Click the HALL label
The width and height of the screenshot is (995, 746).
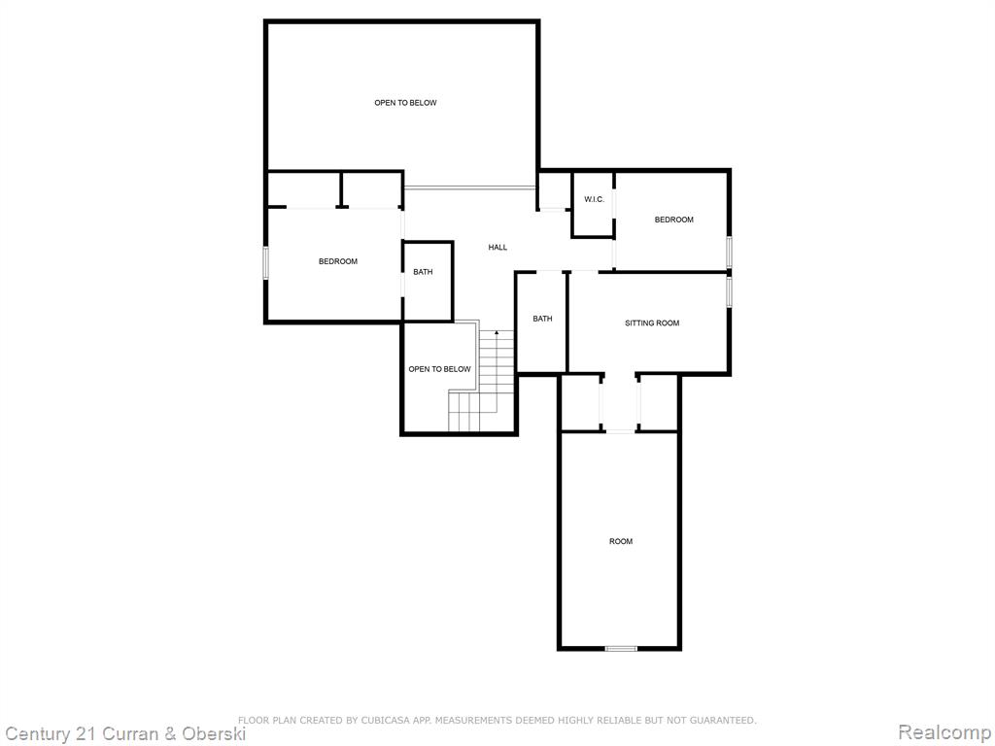point(497,248)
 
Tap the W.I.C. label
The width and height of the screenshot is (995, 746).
point(594,200)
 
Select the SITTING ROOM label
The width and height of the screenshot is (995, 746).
point(652,322)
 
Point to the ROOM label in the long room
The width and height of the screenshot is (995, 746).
point(621,541)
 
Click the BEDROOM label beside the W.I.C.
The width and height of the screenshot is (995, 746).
point(674,220)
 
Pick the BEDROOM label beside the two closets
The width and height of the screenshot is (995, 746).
point(337,261)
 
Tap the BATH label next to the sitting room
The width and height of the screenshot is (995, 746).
point(542,319)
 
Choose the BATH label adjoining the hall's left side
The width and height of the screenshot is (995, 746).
point(423,272)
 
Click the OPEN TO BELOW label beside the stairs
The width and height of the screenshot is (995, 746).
point(440,369)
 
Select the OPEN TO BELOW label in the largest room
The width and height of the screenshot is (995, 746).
point(405,103)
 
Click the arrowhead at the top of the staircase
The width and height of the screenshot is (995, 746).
point(497,332)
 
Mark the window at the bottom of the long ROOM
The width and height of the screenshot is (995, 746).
point(621,648)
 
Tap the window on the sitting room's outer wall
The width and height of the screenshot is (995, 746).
point(729,291)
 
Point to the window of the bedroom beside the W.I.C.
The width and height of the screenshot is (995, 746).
point(729,252)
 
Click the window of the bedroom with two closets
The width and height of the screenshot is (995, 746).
point(266,262)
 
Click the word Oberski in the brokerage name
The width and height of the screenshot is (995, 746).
point(214,734)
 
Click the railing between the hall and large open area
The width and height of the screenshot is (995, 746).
point(469,187)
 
